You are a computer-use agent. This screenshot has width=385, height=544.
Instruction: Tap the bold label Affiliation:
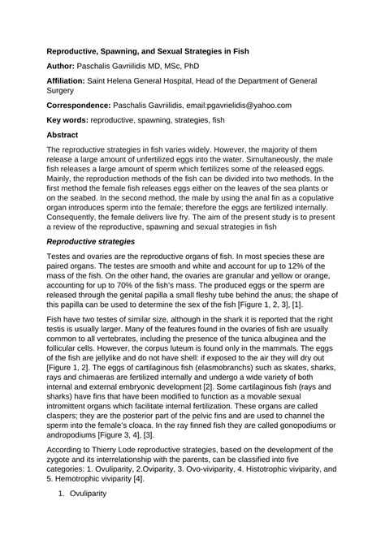point(72,81)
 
